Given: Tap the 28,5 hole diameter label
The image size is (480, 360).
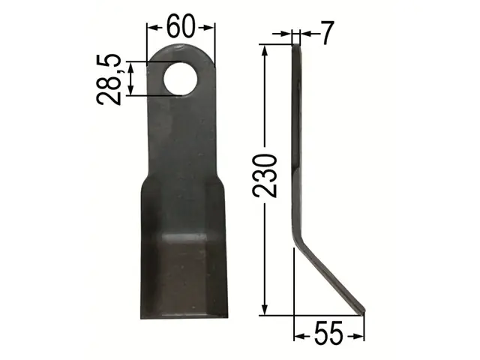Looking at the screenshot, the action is tap(109, 79).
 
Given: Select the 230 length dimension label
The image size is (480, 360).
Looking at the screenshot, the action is tap(265, 175).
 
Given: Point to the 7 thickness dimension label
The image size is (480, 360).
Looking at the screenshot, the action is tap(327, 33).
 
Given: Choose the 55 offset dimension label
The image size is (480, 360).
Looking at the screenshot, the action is tap(328, 334).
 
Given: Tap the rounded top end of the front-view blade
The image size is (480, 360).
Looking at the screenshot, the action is tap(181, 50).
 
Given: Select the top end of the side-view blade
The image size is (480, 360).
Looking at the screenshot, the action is tap(296, 46).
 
